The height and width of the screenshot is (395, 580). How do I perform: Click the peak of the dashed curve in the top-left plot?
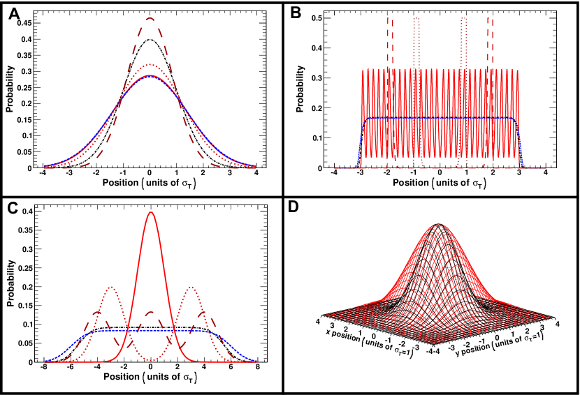(150, 19)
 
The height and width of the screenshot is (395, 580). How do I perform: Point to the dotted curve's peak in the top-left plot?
(150, 65)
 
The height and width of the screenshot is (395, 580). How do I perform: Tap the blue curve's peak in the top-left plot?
(150, 76)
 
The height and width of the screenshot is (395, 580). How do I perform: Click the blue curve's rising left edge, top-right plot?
(360, 140)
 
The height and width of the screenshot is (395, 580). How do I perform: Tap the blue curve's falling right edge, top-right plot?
(520, 140)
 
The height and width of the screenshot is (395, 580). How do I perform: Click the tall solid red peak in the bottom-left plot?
(150, 212)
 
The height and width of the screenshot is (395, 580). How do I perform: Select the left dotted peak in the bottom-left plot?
(111, 288)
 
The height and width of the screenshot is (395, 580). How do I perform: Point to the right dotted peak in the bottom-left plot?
(190, 288)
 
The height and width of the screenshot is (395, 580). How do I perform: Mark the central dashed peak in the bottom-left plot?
(150, 312)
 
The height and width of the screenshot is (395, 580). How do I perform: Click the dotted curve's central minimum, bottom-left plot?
(150, 359)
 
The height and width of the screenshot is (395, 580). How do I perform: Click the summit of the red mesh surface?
(439, 224)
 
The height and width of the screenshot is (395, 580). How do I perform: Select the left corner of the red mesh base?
(325, 315)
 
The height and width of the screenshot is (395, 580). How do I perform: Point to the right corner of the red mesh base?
(551, 318)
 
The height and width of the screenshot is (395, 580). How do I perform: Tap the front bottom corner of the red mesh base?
(432, 343)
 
